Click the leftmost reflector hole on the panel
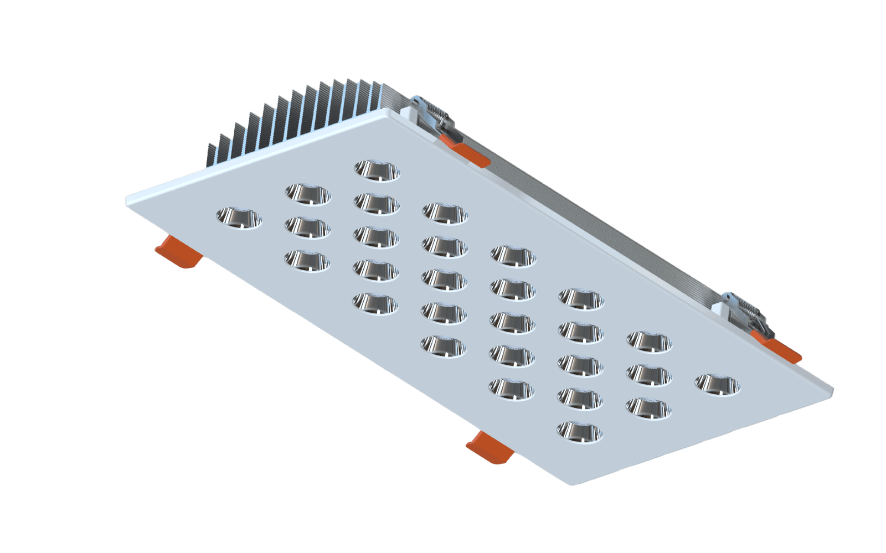(x=238, y=217)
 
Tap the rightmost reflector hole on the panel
(x=718, y=384)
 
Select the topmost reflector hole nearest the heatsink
(x=377, y=170)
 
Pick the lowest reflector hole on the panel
(x=580, y=431)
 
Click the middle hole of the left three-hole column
(x=308, y=227)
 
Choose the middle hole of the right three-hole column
(x=649, y=375)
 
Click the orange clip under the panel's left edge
(x=178, y=251)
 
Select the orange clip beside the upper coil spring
(x=470, y=153)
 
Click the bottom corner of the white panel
(x=577, y=483)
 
